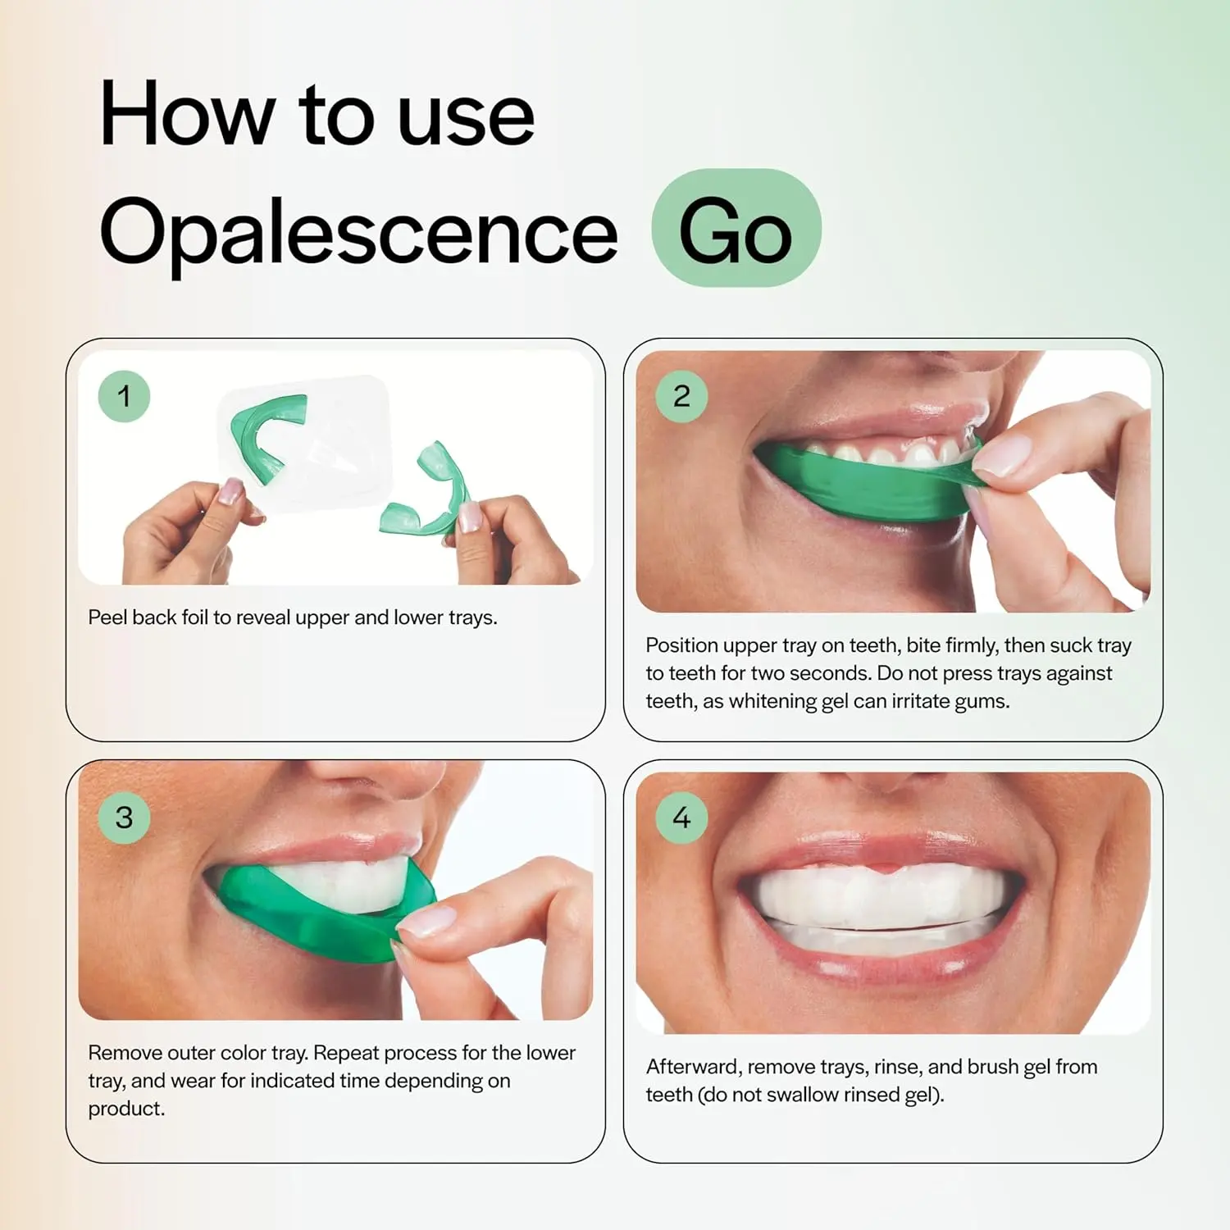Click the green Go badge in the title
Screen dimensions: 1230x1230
pyautogui.click(x=736, y=229)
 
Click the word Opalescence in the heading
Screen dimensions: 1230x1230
pyautogui.click(x=358, y=233)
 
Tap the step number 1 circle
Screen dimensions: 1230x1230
pyautogui.click(x=124, y=396)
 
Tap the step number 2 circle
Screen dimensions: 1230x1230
pyautogui.click(x=681, y=396)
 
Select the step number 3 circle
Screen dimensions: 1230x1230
pyautogui.click(x=124, y=817)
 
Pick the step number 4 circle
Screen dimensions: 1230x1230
pyautogui.click(x=681, y=817)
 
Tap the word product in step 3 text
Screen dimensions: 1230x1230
pyautogui.click(x=125, y=1109)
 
